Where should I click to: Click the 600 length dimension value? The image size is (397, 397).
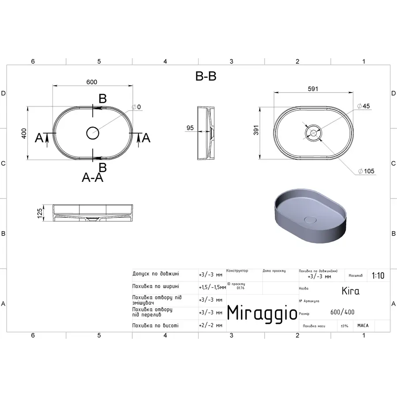pyautogui.click(x=92, y=82)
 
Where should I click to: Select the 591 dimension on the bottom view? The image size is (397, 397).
pyautogui.click(x=313, y=89)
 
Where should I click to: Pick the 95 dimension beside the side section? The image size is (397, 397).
pyautogui.click(x=190, y=128)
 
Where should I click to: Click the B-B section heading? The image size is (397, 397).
pyautogui.click(x=206, y=76)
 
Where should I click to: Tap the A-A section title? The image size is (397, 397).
pyautogui.click(x=93, y=177)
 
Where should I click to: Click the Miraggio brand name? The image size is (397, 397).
pyautogui.click(x=262, y=313)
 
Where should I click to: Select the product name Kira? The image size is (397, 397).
pyautogui.click(x=351, y=291)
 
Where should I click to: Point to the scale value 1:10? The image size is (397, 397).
pyautogui.click(x=378, y=276)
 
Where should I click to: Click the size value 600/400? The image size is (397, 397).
pyautogui.click(x=342, y=312)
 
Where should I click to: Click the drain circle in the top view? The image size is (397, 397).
pyautogui.click(x=93, y=132)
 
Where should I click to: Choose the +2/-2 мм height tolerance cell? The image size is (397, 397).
pyautogui.click(x=210, y=326)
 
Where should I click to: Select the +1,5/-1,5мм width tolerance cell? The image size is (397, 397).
pyautogui.click(x=212, y=287)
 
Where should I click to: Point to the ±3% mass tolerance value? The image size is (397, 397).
pyautogui.click(x=344, y=326)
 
